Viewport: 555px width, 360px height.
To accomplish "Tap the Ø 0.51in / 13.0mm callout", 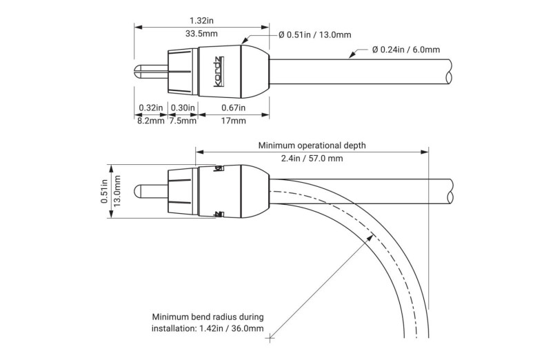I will click(x=314, y=34).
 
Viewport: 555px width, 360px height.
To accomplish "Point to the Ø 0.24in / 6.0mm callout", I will click(x=406, y=49).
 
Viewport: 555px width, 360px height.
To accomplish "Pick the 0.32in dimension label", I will click(x=150, y=108).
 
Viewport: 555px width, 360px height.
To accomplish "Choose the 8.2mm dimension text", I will click(x=150, y=121).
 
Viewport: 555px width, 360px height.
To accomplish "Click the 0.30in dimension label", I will click(x=182, y=108).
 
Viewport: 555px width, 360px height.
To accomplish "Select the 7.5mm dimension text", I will click(x=182, y=121).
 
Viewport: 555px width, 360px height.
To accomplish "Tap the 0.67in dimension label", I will click(x=233, y=108).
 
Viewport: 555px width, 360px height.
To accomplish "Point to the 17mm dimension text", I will click(x=233, y=121).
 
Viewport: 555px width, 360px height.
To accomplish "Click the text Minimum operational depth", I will click(x=312, y=146).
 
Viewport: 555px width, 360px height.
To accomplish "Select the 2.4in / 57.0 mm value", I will click(x=312, y=159).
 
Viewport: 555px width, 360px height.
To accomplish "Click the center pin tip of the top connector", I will click(x=136, y=72).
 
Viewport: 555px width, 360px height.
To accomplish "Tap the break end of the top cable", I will click(x=451, y=72).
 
